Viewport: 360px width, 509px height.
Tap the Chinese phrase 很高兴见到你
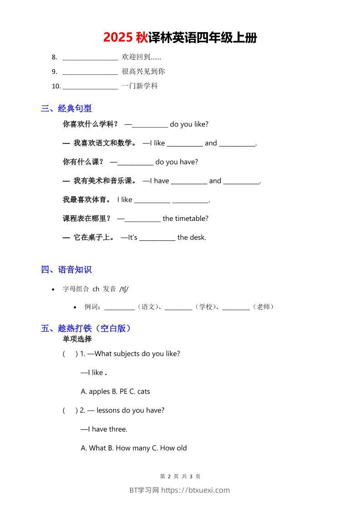(143, 71)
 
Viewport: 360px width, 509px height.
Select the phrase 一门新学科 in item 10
(139, 86)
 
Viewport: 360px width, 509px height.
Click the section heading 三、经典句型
(66, 108)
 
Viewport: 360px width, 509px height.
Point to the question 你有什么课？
(83, 162)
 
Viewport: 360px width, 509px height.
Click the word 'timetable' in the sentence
(191, 218)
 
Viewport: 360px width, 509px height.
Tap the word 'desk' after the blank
(198, 237)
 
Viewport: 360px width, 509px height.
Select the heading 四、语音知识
(66, 269)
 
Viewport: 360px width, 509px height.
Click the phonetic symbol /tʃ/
(124, 289)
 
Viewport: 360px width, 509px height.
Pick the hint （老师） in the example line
(263, 307)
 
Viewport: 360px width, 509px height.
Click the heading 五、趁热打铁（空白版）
(86, 328)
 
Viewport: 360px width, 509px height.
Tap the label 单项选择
(77, 339)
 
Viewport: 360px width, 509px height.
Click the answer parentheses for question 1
(70, 354)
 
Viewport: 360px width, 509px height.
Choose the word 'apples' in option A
(99, 392)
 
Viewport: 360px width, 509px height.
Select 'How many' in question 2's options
(130, 448)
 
